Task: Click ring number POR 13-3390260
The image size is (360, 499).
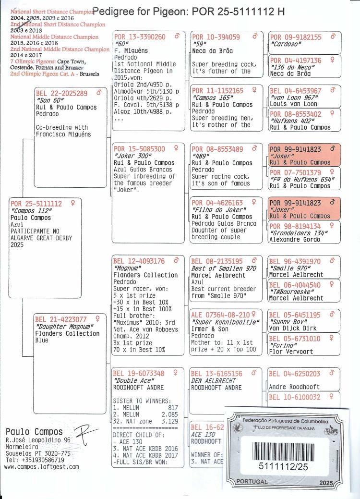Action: (x=140, y=37)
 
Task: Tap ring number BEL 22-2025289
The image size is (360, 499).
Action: (x=62, y=93)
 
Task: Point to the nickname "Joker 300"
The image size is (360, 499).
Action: (x=128, y=156)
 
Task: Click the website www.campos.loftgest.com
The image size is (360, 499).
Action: (x=41, y=466)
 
